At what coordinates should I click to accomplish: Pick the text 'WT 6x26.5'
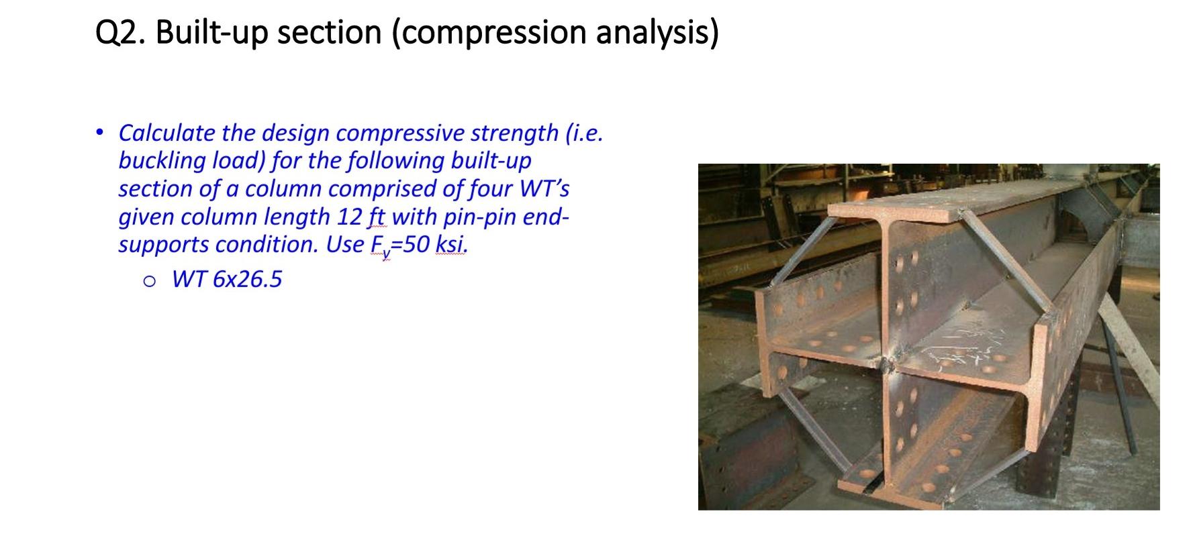[x=227, y=278]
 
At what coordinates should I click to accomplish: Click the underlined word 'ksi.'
[x=452, y=244]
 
